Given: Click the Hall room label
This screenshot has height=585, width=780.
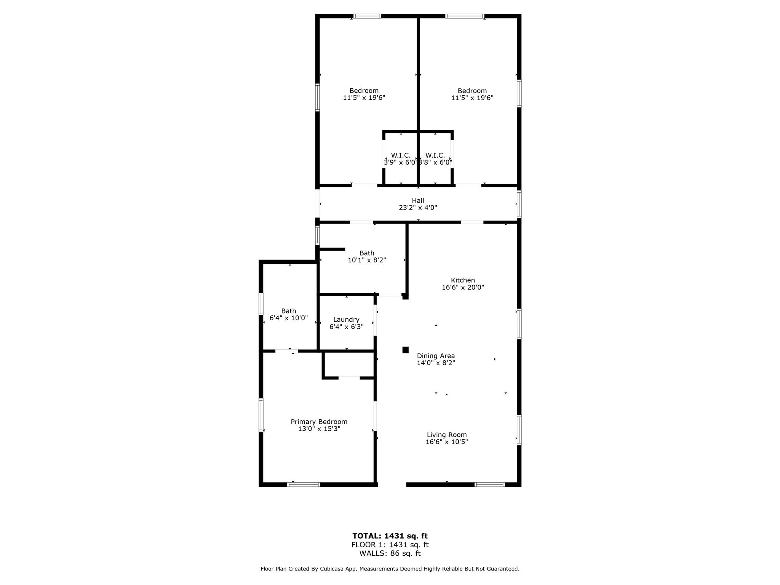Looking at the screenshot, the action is [418, 201].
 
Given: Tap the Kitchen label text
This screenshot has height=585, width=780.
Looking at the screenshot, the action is [463, 280].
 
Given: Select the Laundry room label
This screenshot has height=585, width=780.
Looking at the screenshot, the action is [346, 320].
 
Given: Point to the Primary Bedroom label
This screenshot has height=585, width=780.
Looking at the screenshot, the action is [319, 422].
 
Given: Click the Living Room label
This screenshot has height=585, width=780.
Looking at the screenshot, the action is [447, 435].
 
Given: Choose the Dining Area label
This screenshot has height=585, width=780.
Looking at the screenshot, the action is [436, 356].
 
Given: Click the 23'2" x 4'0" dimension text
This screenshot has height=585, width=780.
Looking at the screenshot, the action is [418, 208].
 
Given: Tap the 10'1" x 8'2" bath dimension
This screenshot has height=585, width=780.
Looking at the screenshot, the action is [367, 261].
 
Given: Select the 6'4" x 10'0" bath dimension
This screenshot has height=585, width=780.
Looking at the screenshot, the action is [289, 318].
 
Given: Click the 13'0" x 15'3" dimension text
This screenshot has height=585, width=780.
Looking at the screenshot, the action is [319, 429].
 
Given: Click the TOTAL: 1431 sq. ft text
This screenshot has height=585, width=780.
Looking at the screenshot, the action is [390, 536].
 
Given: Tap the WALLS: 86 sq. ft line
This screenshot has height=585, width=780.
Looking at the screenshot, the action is [390, 554].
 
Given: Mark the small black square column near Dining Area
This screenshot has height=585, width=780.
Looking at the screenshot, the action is [406, 350].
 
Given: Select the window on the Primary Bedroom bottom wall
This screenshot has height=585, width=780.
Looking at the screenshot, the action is [304, 484].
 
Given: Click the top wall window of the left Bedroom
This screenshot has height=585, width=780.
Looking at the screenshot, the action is [367, 16].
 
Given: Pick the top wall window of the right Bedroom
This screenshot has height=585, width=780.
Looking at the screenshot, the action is [465, 16].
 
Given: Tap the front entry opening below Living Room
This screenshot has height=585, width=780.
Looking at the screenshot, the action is [392, 484].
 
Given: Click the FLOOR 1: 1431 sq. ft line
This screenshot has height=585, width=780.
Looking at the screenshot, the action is [390, 545].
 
